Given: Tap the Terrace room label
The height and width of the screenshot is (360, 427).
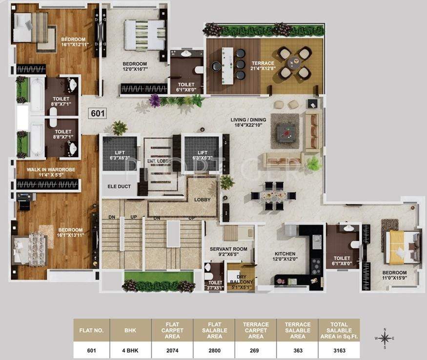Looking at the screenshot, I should point(263,66).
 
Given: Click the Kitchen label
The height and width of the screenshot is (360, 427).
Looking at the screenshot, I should point(285,257).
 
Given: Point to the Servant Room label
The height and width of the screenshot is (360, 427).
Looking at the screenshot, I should point(228,252).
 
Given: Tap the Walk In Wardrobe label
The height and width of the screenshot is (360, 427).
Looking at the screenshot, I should point(47,172).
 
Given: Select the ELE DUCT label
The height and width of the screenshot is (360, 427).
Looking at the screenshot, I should point(119,186).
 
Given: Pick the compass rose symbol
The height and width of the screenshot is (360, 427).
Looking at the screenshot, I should point(385,338).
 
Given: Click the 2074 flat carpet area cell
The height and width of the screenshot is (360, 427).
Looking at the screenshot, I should point(172,350).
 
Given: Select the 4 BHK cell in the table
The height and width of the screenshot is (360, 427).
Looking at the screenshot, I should point(130,350).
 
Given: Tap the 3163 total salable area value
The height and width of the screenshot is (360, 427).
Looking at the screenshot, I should point(339,350).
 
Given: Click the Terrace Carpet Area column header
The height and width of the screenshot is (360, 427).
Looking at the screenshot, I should point(256,331).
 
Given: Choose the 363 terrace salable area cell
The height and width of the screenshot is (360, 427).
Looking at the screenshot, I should point(297,350).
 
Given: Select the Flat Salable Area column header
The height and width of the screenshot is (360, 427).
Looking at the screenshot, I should point(214,331).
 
